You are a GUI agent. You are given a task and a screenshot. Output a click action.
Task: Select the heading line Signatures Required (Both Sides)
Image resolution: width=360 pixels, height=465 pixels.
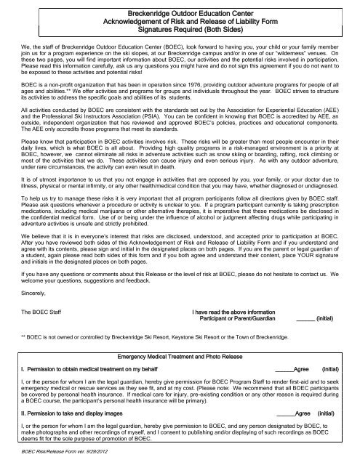(179, 31)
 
